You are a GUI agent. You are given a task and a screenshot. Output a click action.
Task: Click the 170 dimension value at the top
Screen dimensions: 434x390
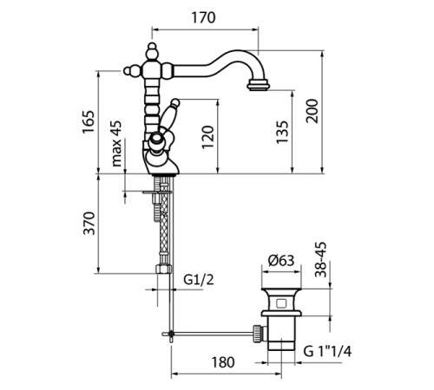(x=204, y=17)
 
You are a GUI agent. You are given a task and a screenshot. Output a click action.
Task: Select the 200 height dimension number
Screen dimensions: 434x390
(x=312, y=111)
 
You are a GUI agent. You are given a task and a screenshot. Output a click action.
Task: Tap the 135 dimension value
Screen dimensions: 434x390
(x=282, y=132)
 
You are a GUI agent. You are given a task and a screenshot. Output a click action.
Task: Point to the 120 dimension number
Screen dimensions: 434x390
(x=207, y=137)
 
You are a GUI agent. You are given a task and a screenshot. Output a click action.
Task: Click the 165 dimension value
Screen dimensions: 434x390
(x=89, y=121)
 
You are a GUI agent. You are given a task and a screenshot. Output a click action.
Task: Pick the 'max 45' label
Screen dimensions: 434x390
(x=116, y=144)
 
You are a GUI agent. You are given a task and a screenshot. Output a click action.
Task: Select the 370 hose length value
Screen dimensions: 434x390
(x=89, y=224)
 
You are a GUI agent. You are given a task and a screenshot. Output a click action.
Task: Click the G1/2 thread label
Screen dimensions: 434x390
(x=199, y=279)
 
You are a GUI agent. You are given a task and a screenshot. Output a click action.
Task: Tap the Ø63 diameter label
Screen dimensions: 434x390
(x=281, y=260)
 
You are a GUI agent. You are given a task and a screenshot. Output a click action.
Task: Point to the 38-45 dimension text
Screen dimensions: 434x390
(x=320, y=259)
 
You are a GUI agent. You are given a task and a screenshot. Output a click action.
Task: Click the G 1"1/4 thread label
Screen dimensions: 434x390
(x=327, y=351)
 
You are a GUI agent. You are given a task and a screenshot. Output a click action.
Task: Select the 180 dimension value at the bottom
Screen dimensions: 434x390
(x=223, y=362)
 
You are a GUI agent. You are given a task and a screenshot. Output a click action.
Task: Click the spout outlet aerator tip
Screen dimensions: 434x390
(x=259, y=86)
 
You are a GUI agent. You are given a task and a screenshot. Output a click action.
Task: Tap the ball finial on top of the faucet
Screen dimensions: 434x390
(x=152, y=50)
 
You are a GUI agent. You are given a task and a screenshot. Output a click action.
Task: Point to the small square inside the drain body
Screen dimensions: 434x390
(x=281, y=303)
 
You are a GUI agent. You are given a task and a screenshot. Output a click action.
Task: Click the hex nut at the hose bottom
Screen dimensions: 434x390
(x=163, y=269)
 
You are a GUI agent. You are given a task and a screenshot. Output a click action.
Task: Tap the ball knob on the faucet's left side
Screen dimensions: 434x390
(x=132, y=71)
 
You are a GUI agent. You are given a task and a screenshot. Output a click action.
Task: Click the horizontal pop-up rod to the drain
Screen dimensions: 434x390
(x=212, y=334)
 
